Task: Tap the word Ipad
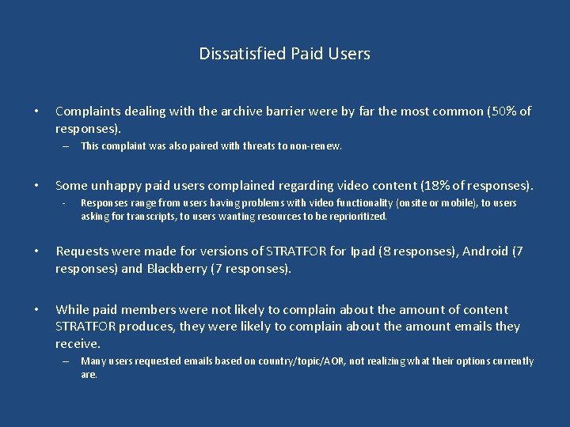[x=361, y=251]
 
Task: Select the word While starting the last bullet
[x=72, y=310]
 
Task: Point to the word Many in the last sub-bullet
[x=93, y=361]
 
